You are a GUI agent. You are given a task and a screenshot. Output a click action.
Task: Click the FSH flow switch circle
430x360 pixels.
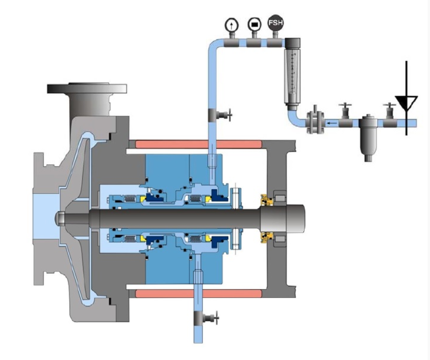pyautogui.click(x=275, y=23)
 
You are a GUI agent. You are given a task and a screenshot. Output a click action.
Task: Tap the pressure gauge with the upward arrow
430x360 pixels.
pyautogui.click(x=232, y=25)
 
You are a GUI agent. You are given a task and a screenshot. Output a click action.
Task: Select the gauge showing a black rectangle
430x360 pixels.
pyautogui.click(x=254, y=25)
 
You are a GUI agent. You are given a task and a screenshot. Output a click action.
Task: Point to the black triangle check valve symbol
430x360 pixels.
pyautogui.click(x=406, y=102)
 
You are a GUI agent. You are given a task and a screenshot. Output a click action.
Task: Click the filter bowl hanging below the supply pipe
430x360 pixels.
pyautogui.click(x=368, y=139)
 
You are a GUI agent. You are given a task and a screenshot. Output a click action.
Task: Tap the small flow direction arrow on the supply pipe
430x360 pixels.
pyautogui.click(x=333, y=123)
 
